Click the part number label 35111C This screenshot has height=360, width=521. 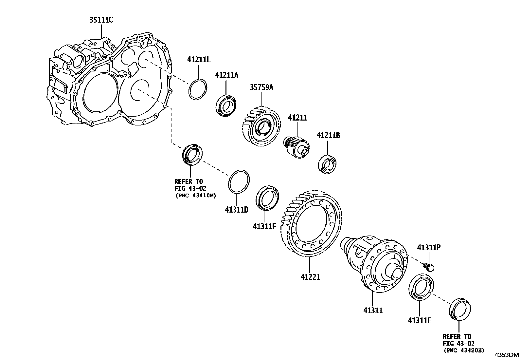(x=101, y=20)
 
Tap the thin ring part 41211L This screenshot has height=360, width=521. (x=198, y=89)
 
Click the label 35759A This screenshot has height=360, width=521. (x=261, y=87)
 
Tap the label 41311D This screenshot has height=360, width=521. (x=236, y=209)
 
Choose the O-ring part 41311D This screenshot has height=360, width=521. (x=239, y=182)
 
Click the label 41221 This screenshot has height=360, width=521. (x=310, y=277)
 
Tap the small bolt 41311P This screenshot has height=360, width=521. (x=429, y=267)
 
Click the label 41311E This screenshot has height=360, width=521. (x=419, y=320)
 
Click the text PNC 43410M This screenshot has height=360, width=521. (x=196, y=196)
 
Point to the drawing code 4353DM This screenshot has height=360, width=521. (x=506, y=355)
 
